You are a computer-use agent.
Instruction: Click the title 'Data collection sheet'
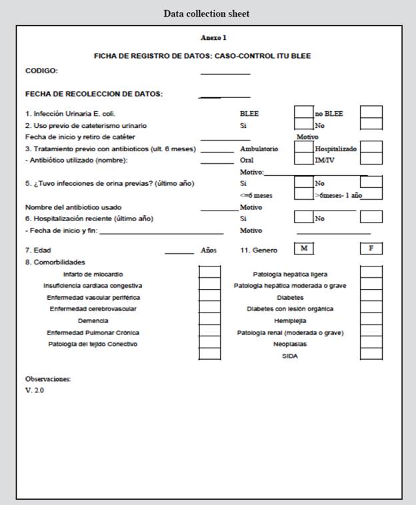click(207, 13)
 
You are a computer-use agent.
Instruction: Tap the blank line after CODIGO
click(225, 73)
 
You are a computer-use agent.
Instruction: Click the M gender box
click(303, 249)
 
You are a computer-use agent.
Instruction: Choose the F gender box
click(371, 249)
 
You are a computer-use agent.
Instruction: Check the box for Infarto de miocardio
click(209, 272)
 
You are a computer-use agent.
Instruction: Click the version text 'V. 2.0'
click(35, 390)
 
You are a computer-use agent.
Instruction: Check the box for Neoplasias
click(371, 343)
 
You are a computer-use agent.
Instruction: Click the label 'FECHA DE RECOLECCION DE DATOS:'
click(94, 94)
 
